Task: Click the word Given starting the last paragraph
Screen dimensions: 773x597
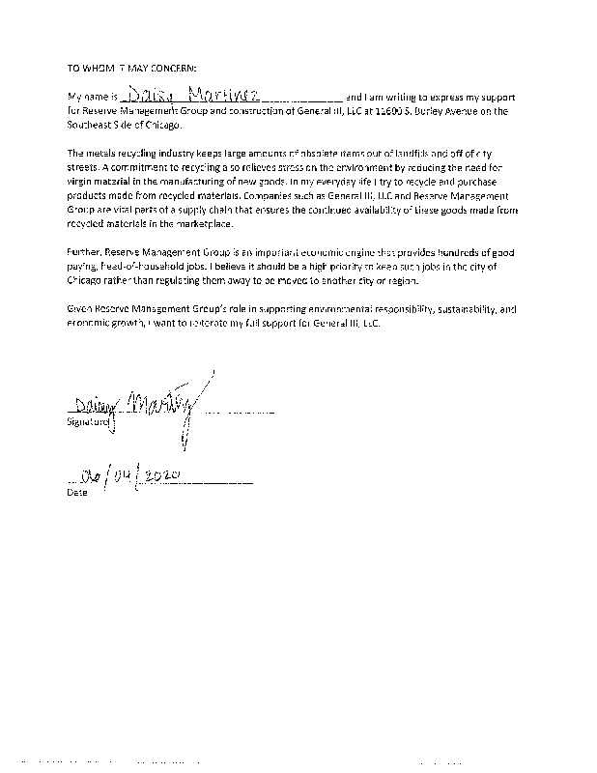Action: pyautogui.click(x=82, y=311)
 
